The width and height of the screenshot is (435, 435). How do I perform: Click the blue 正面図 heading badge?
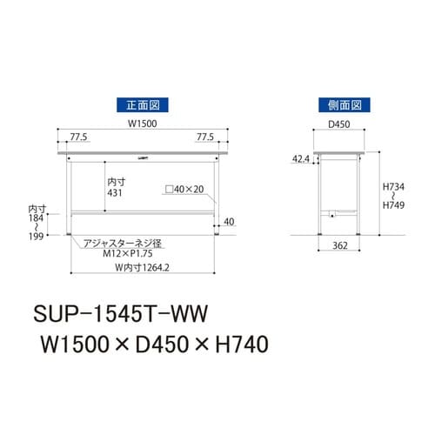(143, 105)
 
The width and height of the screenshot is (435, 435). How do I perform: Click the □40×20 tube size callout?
(183, 188)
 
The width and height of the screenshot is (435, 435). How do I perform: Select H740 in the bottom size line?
(238, 343)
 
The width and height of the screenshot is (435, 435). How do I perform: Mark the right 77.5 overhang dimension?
(205, 137)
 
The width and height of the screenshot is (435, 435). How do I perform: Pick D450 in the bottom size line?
(163, 343)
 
